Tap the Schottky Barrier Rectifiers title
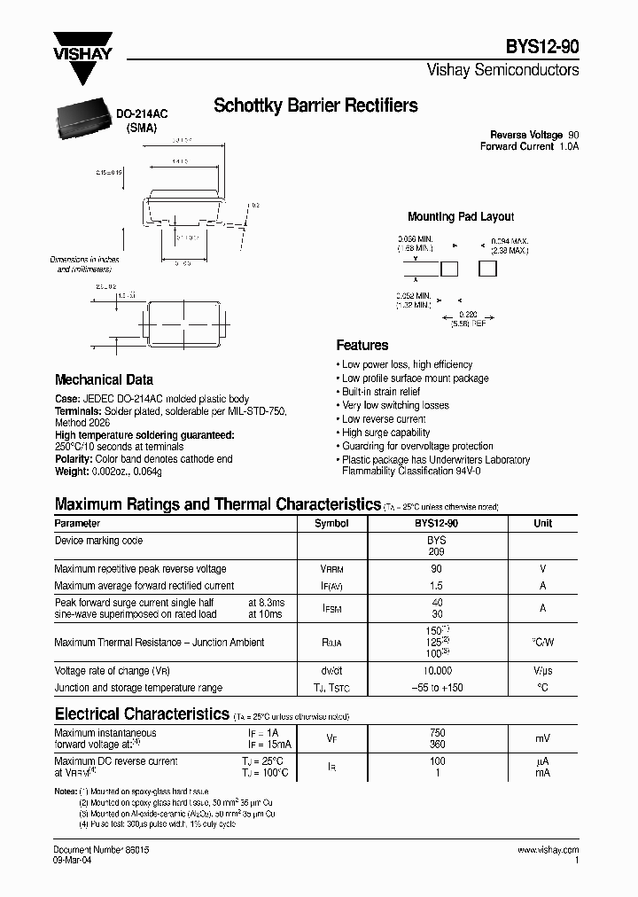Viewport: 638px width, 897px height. coord(315,106)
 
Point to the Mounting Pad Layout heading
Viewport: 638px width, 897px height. coord(460,216)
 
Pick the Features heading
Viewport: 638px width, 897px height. coord(362,346)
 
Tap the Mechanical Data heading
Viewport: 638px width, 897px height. coord(104,379)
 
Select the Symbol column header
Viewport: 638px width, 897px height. coord(331,523)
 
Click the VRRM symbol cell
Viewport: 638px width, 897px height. coord(331,569)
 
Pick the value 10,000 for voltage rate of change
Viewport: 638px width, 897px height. coord(437,672)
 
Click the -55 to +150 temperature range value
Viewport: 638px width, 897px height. coord(437,688)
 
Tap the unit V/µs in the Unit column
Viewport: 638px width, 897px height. coord(542,672)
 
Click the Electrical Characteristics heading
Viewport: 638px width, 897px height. coord(142,714)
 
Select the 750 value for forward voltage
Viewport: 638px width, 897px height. coord(437,733)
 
